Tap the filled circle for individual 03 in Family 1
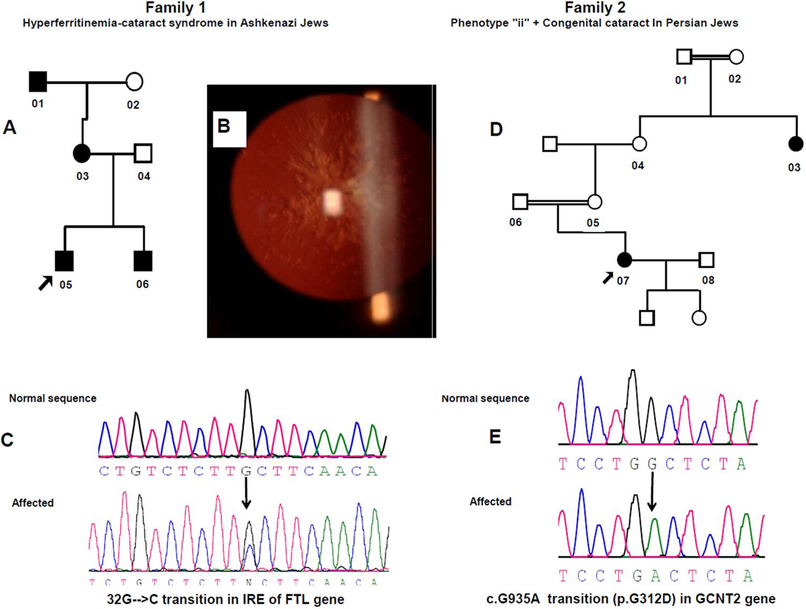tap(83, 152)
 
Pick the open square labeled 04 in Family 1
tap(143, 152)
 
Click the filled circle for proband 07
tap(623, 260)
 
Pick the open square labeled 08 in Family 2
tap(707, 260)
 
